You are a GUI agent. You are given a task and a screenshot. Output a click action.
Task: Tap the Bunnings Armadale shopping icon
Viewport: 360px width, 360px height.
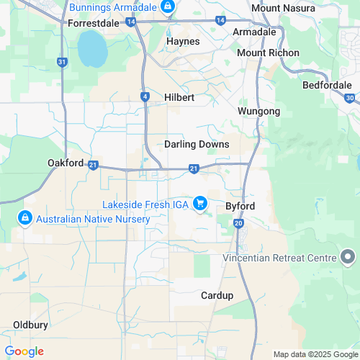tap(167, 8)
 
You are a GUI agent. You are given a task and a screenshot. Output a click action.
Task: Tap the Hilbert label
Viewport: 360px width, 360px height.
tap(179, 96)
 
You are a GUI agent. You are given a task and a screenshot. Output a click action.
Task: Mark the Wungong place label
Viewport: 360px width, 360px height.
tap(258, 111)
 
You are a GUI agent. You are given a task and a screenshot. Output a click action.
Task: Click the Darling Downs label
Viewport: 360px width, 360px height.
tap(197, 144)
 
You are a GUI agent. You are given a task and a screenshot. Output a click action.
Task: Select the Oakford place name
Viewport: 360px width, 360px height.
tap(66, 163)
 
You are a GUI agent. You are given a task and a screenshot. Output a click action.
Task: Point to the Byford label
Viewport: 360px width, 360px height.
tap(240, 205)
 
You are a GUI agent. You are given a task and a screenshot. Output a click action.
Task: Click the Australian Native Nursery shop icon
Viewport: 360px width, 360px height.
tap(25, 217)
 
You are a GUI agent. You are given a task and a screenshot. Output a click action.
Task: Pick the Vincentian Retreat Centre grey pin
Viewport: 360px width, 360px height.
tap(348, 257)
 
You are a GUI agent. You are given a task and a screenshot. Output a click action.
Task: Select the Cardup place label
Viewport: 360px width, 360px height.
tap(217, 295)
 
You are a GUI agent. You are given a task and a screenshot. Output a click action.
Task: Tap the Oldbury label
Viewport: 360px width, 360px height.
tap(30, 325)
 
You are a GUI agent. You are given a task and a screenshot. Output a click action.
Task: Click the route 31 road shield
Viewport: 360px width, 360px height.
tap(63, 63)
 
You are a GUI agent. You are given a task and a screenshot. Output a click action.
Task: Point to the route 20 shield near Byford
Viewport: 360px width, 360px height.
tap(238, 224)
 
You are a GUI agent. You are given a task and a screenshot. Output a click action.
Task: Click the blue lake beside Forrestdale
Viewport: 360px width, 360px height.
tap(91, 49)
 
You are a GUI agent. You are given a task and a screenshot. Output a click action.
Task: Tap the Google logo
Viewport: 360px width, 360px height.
tap(24, 351)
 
